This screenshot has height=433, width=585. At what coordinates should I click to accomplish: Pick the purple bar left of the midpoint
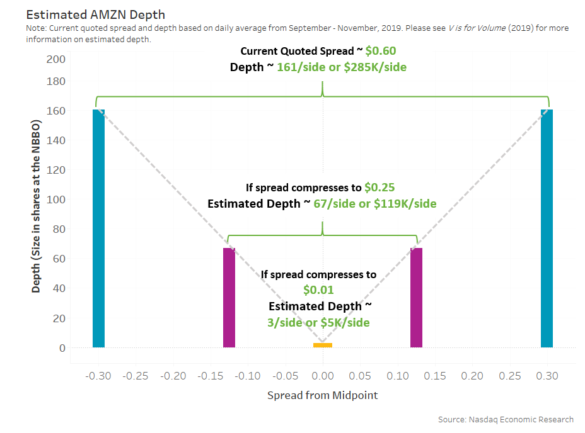(229, 298)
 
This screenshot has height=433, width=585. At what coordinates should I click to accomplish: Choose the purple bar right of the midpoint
(416, 298)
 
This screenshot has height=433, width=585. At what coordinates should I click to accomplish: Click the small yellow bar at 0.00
(323, 345)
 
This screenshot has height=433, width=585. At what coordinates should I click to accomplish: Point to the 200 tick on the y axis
(56, 59)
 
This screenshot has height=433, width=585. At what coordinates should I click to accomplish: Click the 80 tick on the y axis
(59, 229)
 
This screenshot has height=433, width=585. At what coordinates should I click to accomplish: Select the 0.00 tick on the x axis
(323, 376)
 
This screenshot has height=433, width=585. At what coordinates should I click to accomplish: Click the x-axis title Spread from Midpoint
(322, 395)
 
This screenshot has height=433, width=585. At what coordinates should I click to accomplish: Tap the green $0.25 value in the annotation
(379, 188)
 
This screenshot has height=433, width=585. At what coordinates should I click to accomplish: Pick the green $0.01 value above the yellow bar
(318, 290)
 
